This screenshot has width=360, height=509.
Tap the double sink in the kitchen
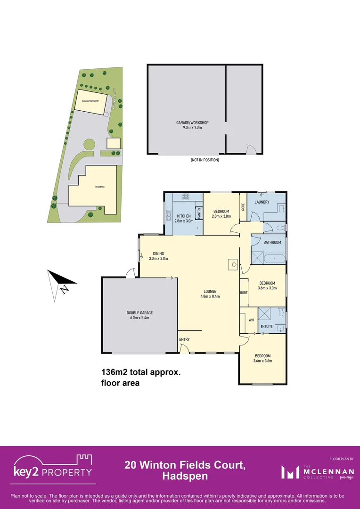[168, 216]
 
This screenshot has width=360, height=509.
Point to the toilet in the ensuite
[281, 312]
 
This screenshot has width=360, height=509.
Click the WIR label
[251, 320]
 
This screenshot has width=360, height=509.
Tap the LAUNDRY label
[262, 202]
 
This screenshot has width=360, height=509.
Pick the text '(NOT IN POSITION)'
[205, 160]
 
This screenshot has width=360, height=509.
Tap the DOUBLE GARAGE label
[139, 312]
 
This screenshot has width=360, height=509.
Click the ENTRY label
[184, 339]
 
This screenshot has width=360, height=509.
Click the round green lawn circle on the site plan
[88, 144]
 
